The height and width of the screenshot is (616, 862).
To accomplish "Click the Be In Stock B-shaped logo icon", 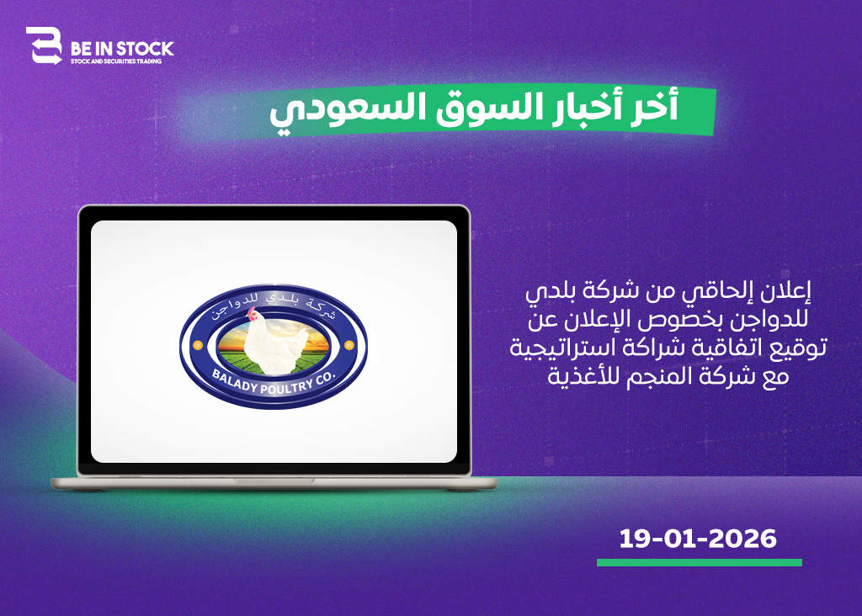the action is [x=44, y=45].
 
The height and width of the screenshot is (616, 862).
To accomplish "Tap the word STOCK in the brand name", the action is [x=144, y=49].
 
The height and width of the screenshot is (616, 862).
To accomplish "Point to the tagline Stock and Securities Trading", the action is [x=116, y=61].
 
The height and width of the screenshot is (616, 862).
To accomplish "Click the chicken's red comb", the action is [x=251, y=313].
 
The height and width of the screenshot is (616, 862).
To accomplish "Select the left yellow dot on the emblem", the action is [x=197, y=345].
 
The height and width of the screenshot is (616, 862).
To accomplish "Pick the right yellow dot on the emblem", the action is [x=349, y=345].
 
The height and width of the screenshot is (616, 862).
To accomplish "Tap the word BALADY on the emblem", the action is [x=235, y=380].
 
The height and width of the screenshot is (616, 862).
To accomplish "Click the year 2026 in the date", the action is [x=742, y=539].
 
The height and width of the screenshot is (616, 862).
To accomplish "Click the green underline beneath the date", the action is [x=700, y=563].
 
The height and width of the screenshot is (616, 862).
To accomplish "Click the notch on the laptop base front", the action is [x=274, y=481].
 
